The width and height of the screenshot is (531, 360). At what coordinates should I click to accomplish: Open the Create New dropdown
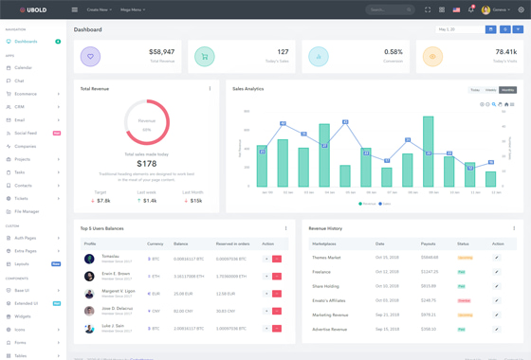(99, 9)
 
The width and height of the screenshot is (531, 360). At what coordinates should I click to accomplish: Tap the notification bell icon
(470, 9)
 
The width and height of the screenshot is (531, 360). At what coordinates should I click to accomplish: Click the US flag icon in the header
(456, 9)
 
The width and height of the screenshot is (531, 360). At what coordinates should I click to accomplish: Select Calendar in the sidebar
(23, 67)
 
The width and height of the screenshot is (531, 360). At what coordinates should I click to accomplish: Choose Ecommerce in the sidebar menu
(26, 94)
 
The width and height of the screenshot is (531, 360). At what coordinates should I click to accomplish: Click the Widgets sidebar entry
(23, 316)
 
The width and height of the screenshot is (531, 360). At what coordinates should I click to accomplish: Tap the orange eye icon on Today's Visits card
(432, 57)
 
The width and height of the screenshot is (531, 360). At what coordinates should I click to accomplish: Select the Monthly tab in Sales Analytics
(508, 90)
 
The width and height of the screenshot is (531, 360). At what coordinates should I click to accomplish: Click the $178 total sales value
(147, 164)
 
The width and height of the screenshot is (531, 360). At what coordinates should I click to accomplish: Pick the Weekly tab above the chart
(491, 90)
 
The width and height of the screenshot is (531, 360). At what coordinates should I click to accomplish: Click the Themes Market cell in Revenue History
(326, 257)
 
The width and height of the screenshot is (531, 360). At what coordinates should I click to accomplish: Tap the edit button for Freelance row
(497, 272)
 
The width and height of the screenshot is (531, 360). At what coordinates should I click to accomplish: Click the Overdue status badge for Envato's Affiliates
(464, 300)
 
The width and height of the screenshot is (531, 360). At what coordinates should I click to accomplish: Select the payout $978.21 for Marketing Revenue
(429, 315)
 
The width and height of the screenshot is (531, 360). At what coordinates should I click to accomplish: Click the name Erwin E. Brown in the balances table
(116, 273)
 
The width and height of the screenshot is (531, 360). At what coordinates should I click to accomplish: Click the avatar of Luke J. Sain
(89, 328)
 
